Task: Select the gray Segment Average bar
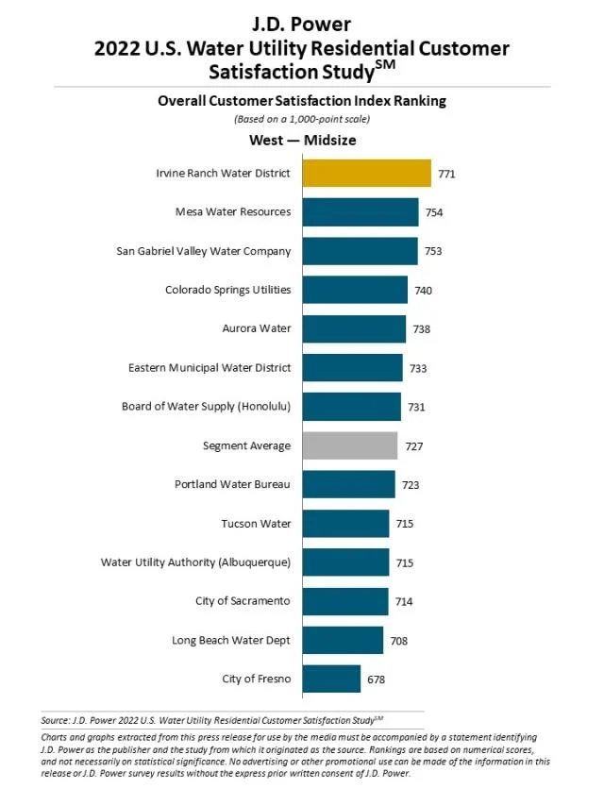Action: tap(349, 445)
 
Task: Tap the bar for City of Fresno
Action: tap(331, 679)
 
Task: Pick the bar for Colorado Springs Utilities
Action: tap(355, 290)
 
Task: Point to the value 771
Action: tap(447, 175)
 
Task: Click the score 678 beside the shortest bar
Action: tap(376, 679)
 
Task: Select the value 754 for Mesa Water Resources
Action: tap(434, 212)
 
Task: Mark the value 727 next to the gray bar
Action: tap(413, 445)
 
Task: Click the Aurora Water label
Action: tap(257, 328)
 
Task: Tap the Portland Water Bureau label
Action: tap(232, 484)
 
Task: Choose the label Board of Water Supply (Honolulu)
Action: tap(206, 407)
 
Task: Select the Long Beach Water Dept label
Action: tap(231, 640)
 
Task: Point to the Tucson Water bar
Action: tap(345, 523)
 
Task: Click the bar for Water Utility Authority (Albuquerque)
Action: tap(345, 562)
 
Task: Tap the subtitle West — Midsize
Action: tap(302, 141)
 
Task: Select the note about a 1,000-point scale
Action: tap(302, 119)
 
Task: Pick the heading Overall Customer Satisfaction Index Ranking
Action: tap(302, 101)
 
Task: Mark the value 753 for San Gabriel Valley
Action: tap(433, 251)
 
